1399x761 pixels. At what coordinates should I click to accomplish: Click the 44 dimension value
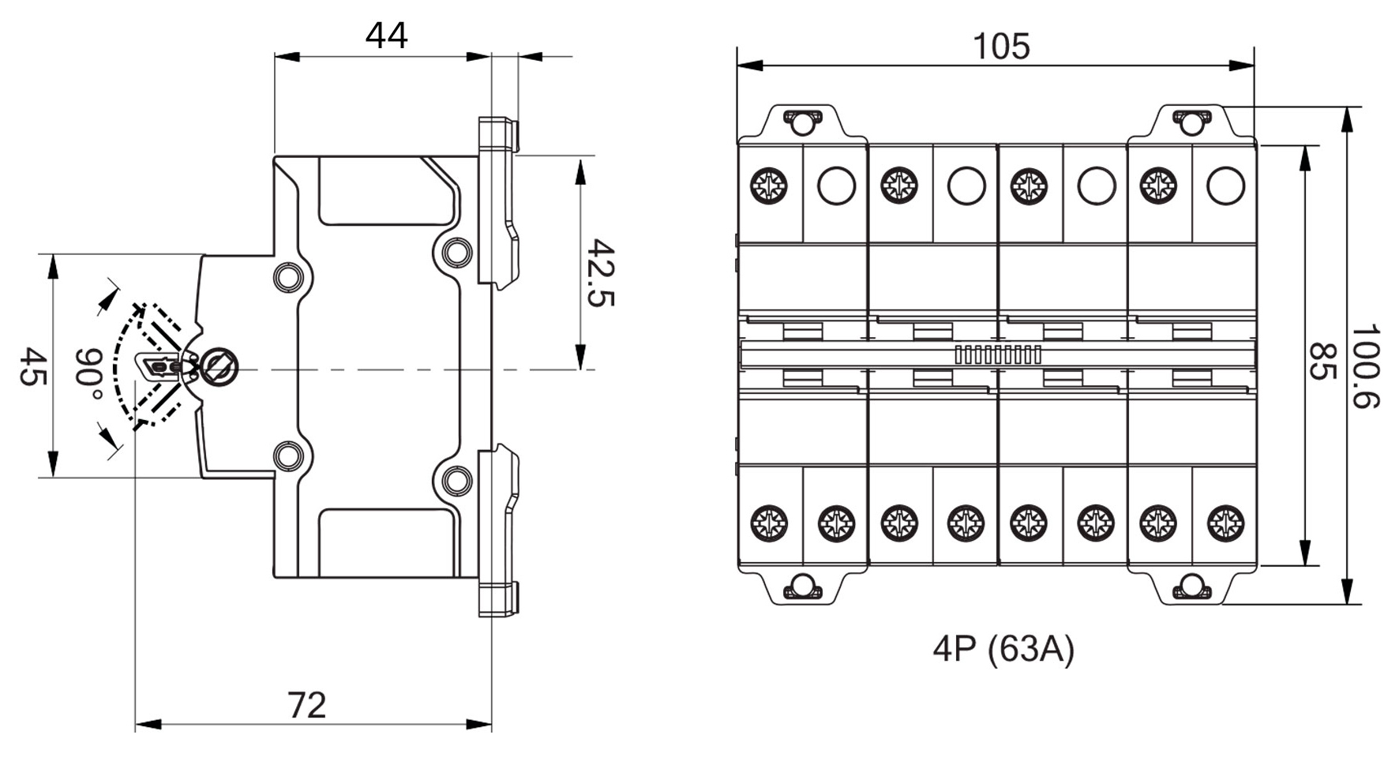point(386,36)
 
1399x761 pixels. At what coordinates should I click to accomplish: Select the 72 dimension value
point(306,705)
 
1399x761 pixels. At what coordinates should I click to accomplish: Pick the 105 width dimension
point(1000,46)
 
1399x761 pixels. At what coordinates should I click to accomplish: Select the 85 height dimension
point(1318,361)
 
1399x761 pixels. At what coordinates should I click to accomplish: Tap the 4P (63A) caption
point(1003,649)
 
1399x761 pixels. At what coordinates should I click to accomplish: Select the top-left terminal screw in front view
point(768,186)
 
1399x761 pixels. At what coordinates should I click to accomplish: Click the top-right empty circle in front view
point(1225,186)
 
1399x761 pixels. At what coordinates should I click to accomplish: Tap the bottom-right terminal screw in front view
point(1225,523)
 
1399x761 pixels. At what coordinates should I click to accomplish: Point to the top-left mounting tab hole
point(802,122)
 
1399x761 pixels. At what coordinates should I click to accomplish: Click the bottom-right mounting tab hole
point(1191,587)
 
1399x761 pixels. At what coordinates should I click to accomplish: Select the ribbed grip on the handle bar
point(998,354)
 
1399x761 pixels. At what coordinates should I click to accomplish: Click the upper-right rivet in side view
point(456,252)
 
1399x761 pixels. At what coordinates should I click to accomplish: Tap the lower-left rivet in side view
point(287,456)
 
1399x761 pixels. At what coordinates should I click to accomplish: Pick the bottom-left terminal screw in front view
point(768,523)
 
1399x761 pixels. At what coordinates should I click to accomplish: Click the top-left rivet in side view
point(287,277)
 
